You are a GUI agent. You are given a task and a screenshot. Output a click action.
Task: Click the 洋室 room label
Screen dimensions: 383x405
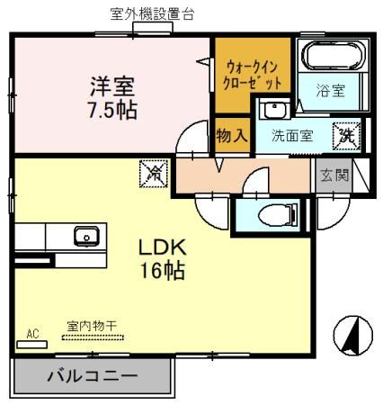click(112, 86)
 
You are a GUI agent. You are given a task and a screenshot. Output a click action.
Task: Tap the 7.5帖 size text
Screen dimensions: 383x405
click(112, 110)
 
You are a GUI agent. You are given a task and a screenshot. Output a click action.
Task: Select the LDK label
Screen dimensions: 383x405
click(162, 247)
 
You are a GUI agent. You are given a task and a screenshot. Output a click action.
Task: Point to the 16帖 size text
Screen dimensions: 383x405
click(162, 270)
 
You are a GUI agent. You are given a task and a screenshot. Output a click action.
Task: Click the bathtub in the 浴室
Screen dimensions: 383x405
click(334, 56)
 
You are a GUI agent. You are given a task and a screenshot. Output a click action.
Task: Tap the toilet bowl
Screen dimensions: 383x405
click(277, 215)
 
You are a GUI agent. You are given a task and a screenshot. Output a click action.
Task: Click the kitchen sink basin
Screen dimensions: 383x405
click(86, 237)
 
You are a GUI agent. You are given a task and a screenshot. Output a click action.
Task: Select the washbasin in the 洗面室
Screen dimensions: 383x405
click(274, 109)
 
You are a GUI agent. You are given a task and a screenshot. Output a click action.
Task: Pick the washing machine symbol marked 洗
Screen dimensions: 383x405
click(347, 137)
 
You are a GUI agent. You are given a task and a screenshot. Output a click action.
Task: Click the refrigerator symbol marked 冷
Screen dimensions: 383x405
click(154, 174)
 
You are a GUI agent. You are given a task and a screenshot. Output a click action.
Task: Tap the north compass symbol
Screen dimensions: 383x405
click(353, 335)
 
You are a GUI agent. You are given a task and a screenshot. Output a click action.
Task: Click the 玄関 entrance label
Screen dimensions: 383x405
click(334, 175)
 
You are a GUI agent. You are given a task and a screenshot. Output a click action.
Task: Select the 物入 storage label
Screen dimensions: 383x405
click(232, 136)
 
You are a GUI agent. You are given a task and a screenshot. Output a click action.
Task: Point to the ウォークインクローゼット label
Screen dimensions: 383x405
click(253, 76)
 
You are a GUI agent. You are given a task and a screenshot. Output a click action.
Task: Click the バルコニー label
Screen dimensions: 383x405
click(93, 376)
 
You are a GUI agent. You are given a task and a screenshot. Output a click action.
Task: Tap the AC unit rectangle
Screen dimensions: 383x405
click(31, 345)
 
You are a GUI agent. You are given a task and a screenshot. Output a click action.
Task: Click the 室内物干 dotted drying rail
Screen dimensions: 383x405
click(93, 337)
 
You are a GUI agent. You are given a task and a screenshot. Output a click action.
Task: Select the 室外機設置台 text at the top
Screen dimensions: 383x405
click(153, 14)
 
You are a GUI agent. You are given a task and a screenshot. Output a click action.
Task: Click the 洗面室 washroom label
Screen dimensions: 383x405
click(292, 136)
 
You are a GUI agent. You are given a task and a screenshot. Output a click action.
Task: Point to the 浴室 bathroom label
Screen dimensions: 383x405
click(331, 91)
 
